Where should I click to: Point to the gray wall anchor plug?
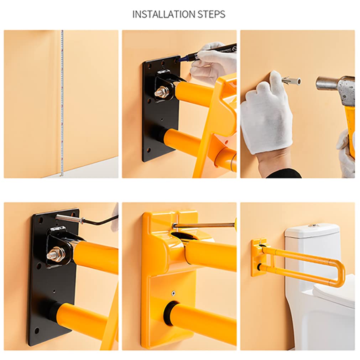(x=291, y=81)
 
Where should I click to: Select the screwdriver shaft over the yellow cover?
(x=204, y=225)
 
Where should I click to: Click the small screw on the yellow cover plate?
(x=173, y=293)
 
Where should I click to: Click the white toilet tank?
(x=312, y=255)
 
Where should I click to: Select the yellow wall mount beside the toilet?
(x=258, y=257)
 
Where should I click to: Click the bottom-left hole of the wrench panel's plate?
(x=37, y=331)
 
